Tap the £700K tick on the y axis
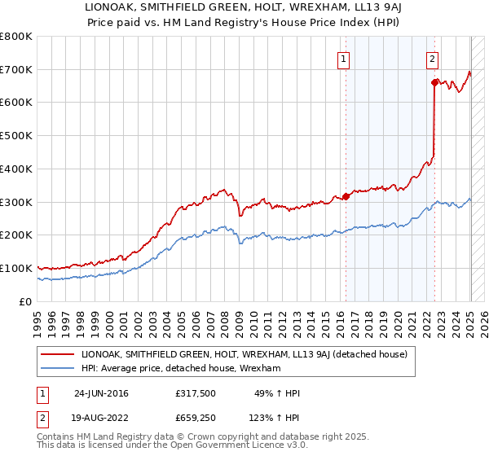[16, 69]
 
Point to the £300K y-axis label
[16, 202]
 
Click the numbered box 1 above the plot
[344, 59]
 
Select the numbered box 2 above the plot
[432, 59]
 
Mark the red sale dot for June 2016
[346, 195]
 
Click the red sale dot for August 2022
[434, 81]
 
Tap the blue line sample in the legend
[59, 368]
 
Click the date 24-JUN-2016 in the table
[101, 393]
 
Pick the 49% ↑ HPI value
[275, 393]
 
